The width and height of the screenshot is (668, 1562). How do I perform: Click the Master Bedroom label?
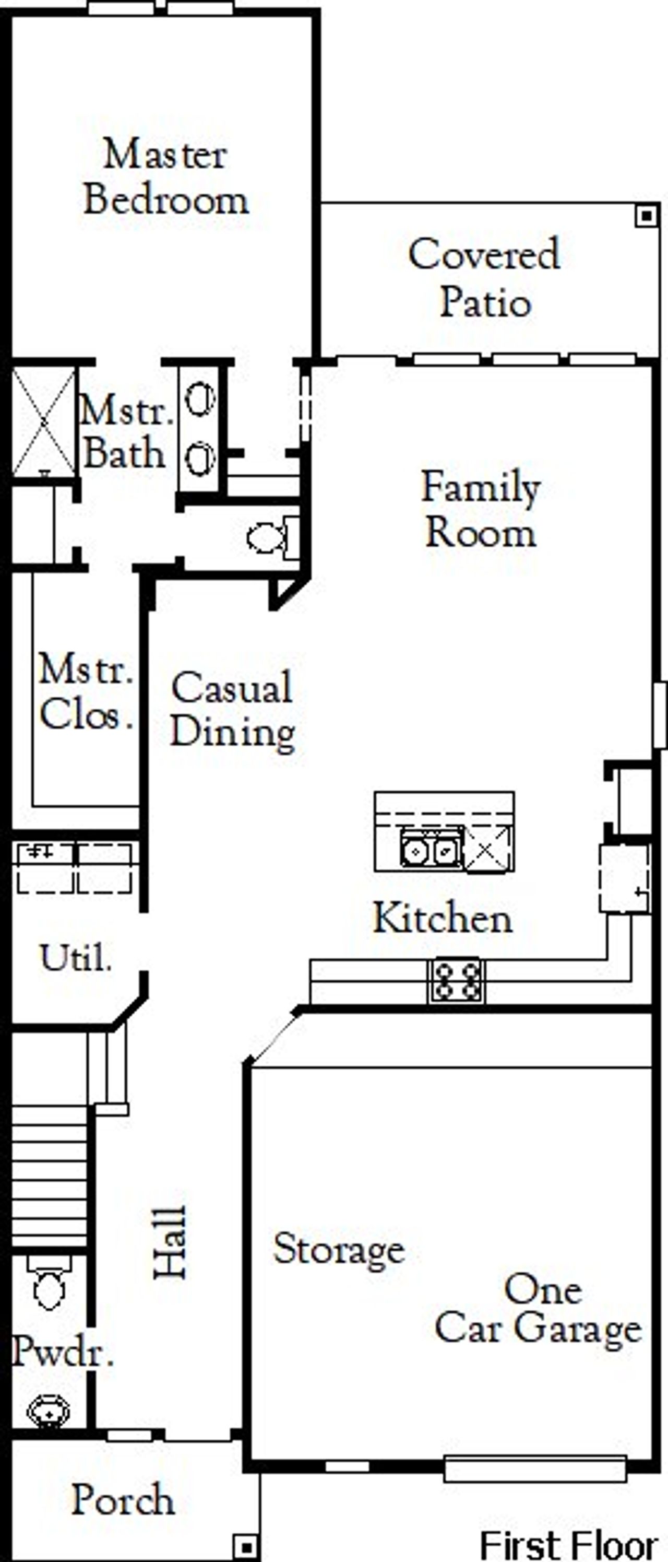[165, 177]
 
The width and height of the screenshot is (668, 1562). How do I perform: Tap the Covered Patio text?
[484, 278]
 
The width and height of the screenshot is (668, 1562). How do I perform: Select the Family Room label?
[480, 511]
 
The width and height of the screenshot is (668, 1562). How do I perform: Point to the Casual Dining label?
[233, 709]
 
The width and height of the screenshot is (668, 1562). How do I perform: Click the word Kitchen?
[443, 918]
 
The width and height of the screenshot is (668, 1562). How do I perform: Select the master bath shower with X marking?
[44, 421]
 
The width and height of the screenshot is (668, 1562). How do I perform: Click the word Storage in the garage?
[338, 1250]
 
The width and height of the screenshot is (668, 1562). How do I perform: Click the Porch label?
[124, 1500]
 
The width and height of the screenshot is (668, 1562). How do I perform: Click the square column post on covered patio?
[647, 215]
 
